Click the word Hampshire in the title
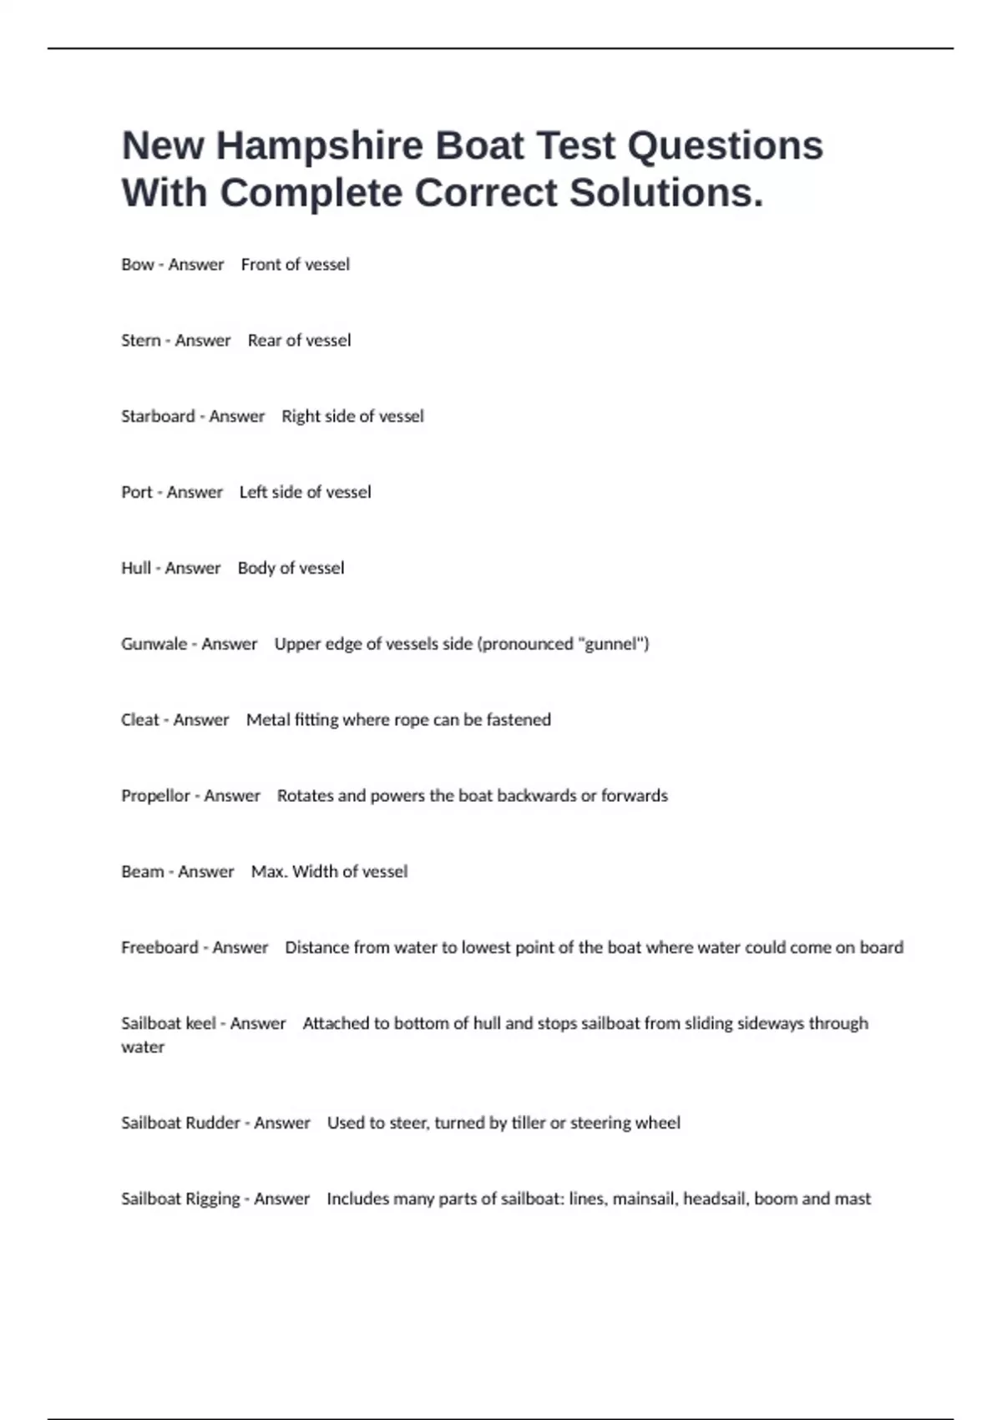320,146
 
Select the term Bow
137,265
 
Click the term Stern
140,341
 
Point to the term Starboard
158,417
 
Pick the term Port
136,493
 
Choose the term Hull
135,569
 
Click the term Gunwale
154,644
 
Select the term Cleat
139,720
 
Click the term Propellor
155,796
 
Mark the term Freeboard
159,948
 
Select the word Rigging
212,1199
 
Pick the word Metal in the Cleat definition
267,720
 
